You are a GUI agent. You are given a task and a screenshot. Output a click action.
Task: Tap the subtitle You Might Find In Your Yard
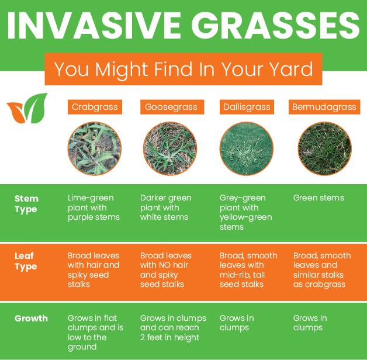coord(183,69)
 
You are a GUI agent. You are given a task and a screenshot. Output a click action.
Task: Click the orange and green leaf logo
coord(27,108)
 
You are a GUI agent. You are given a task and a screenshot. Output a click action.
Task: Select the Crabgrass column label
coord(95,107)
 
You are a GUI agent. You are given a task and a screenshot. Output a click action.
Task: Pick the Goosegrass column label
coord(172,107)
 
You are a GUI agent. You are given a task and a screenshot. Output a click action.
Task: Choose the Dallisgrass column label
coord(247,107)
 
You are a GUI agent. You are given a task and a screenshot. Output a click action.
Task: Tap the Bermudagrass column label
coord(324,107)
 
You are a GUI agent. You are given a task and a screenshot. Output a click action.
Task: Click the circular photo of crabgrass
coord(95,148)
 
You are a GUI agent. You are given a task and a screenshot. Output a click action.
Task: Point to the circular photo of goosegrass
coord(170,148)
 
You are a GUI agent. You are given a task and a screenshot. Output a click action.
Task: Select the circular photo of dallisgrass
coord(246,148)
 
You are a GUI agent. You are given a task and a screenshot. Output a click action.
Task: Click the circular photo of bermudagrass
coord(324,148)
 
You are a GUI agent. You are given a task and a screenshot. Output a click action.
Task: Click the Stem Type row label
coord(26,204)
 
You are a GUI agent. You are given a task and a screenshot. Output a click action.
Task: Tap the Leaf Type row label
coord(26,261)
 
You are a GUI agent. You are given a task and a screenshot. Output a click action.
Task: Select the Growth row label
coord(31,319)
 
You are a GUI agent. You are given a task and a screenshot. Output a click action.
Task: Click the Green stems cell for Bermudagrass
coord(318,198)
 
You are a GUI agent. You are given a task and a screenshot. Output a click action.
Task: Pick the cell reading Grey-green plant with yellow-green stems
coord(243,212)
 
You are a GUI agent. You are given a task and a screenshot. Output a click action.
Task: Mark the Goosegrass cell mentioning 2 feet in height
coord(173,328)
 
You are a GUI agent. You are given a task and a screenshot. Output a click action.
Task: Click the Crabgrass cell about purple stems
coord(94,207)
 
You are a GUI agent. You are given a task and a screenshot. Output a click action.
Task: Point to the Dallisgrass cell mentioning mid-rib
coord(248,270)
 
